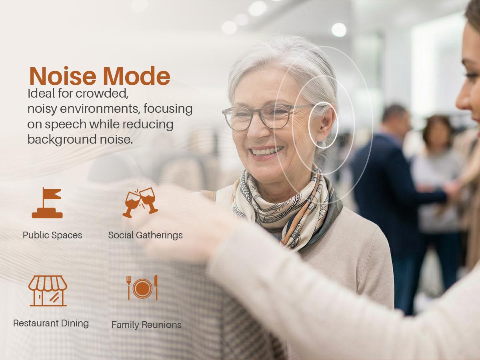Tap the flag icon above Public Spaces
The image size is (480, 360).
[47, 203]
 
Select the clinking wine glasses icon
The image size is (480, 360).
[140, 202]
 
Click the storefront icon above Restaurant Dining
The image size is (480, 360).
[48, 291]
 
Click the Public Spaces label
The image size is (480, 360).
[52, 235]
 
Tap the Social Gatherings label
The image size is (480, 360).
[145, 235]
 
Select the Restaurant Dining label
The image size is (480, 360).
[51, 323]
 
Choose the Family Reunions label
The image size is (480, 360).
[146, 325]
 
